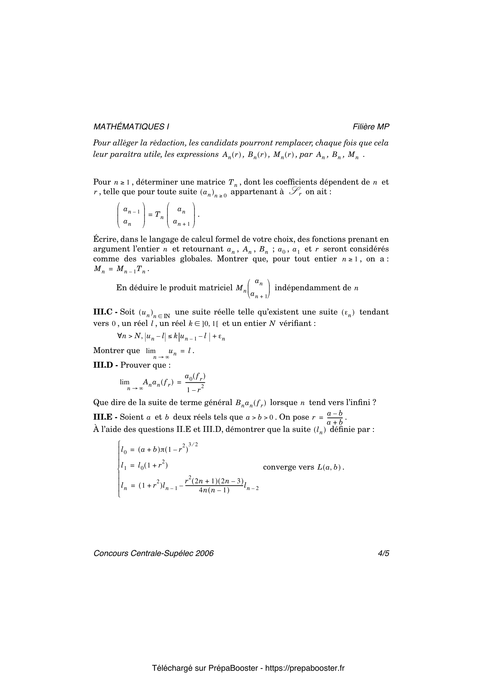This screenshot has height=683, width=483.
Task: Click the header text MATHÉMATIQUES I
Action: point(131,127)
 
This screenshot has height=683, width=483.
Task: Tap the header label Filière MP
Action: point(371,127)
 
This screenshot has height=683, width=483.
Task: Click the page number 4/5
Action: point(383,553)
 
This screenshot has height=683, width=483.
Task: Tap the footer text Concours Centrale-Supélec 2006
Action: point(154,553)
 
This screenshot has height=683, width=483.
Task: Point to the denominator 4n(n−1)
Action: point(214,490)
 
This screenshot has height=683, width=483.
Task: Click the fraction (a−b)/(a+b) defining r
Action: point(335,418)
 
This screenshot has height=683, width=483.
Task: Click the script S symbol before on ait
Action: point(295,192)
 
